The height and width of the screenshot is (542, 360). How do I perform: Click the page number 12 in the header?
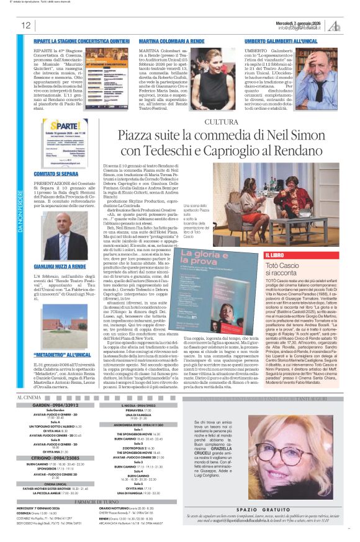[x=25, y=25]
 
